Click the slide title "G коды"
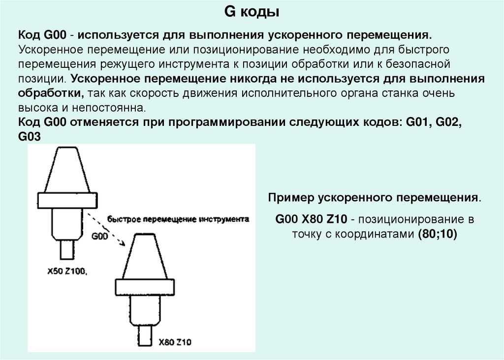point(252,12)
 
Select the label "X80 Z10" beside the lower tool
point(175,342)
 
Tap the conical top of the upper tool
point(66,170)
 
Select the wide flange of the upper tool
point(66,199)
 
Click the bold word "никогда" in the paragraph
point(249,79)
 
